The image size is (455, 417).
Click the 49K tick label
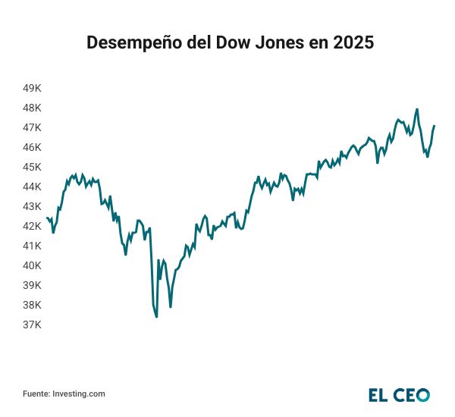pyautogui.click(x=32, y=88)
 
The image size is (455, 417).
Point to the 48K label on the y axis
pyautogui.click(x=32, y=108)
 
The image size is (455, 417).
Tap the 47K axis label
pyautogui.click(x=32, y=127)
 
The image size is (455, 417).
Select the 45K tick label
pyautogui.click(x=32, y=167)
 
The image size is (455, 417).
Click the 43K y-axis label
pyautogui.click(x=32, y=206)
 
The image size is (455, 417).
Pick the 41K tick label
pyautogui.click(x=32, y=246)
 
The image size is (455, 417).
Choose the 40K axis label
pyautogui.click(x=32, y=265)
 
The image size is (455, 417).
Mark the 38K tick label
pyautogui.click(x=32, y=305)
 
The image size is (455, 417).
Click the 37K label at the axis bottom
pyautogui.click(x=32, y=325)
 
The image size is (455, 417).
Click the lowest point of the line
pyautogui.click(x=156, y=316)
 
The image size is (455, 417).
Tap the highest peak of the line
pyautogui.click(x=417, y=109)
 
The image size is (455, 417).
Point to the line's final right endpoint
pyautogui.click(x=435, y=126)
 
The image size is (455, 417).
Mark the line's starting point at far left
pyautogui.click(x=47, y=218)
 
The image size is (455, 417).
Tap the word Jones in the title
pyautogui.click(x=276, y=43)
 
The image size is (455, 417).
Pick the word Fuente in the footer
pyautogui.click(x=36, y=393)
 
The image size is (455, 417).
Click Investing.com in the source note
pyautogui.click(x=79, y=393)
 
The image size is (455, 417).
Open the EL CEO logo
pyautogui.click(x=399, y=394)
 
